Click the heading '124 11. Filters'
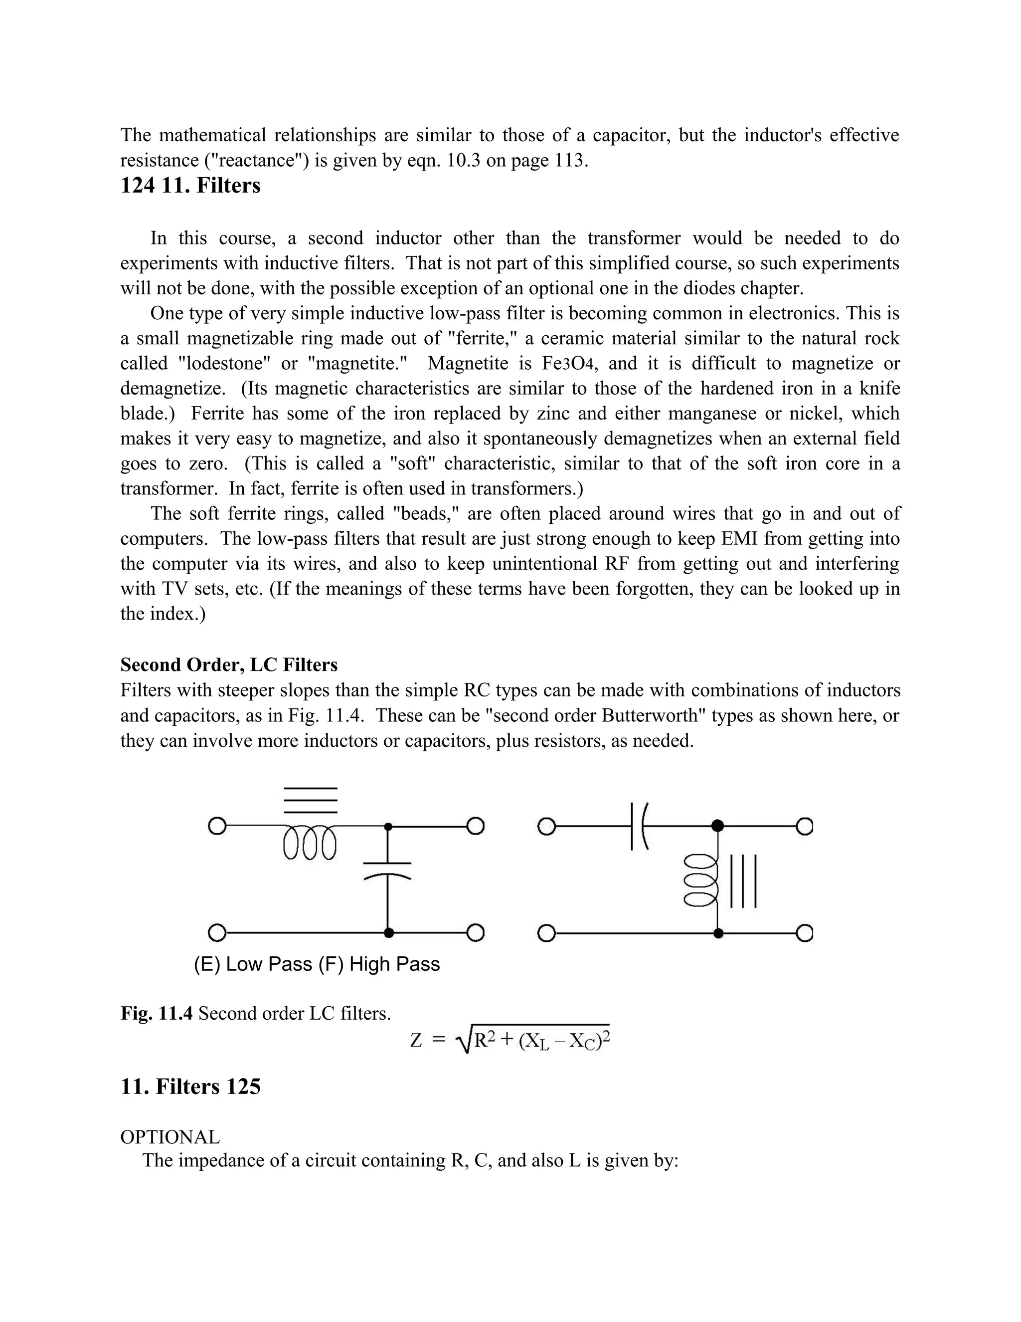tap(190, 185)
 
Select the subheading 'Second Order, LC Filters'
tap(229, 664)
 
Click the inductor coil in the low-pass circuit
tap(309, 842)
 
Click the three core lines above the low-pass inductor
tap(310, 800)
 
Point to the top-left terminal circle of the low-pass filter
tap(216, 826)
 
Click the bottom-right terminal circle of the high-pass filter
tap(804, 933)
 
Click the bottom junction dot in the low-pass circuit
tap(389, 933)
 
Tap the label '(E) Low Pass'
tap(253, 964)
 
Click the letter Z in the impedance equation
tap(416, 1041)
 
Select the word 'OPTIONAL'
tap(170, 1137)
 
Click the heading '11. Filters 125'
tap(190, 1087)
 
